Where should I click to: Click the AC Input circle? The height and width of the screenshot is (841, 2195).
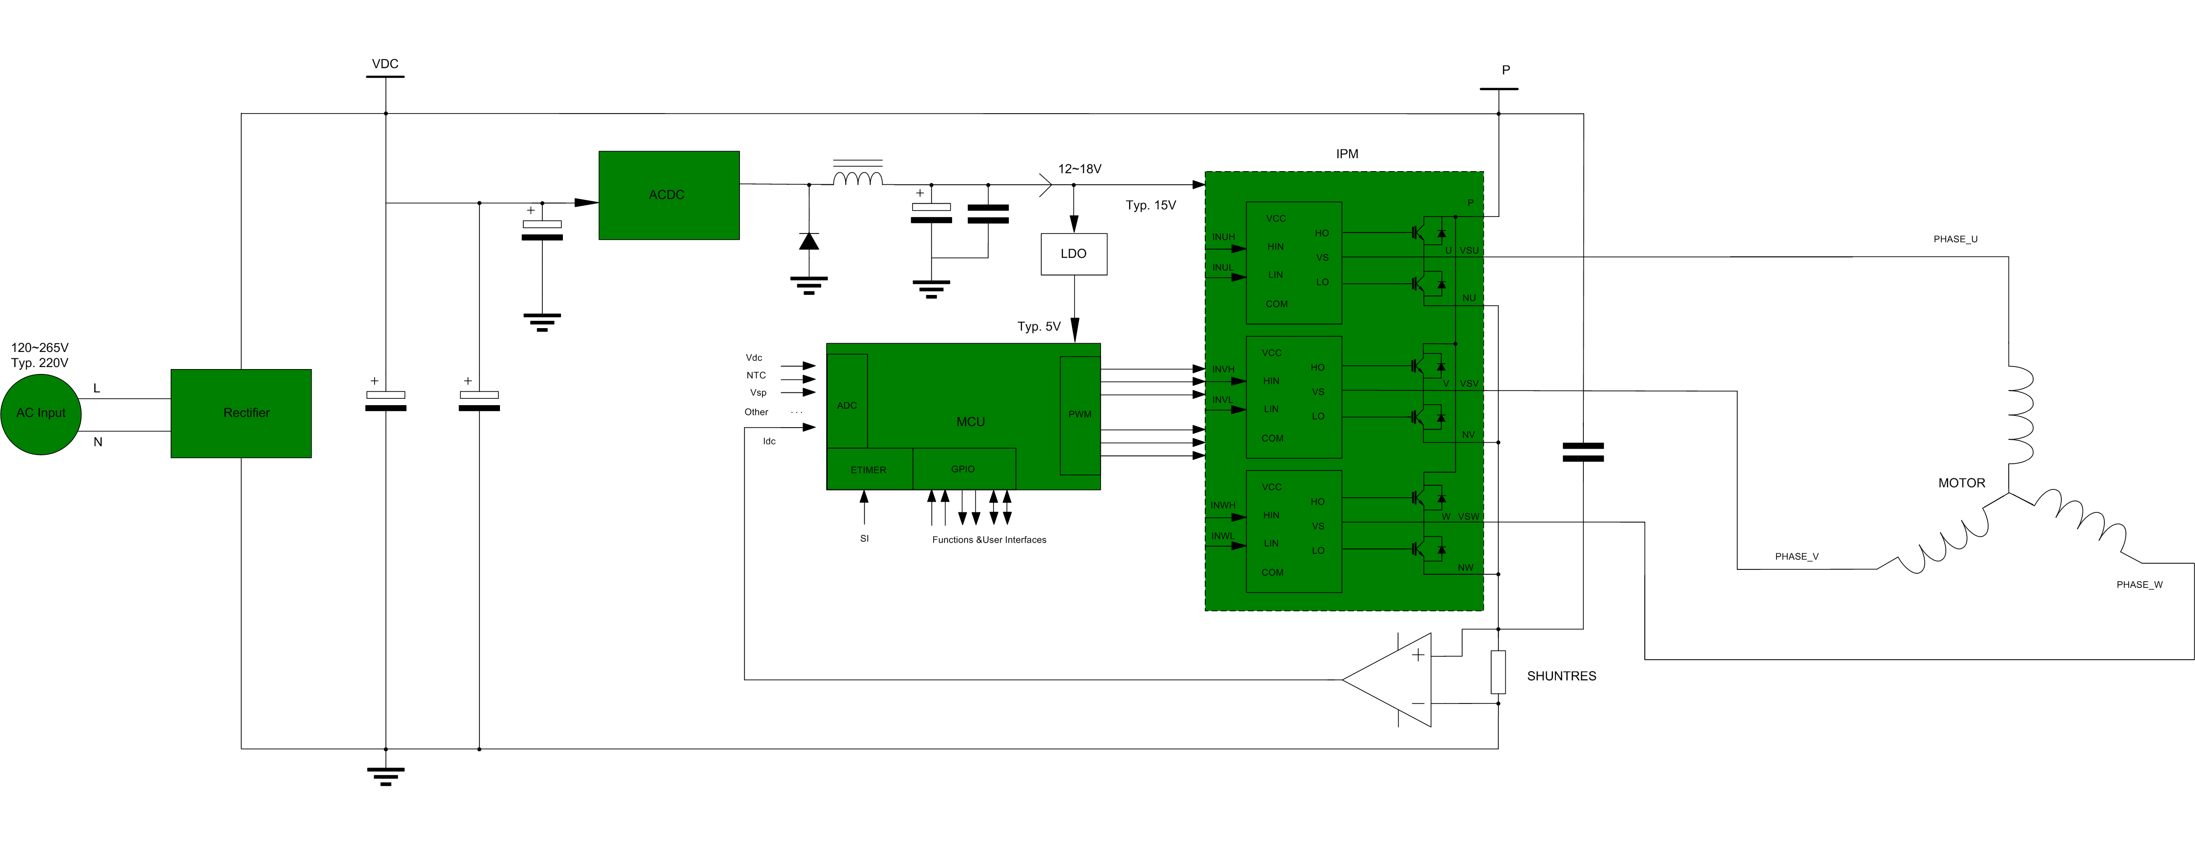point(41,414)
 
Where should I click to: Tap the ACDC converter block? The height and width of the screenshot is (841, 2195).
point(669,195)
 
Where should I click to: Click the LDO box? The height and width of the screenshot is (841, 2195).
point(1074,254)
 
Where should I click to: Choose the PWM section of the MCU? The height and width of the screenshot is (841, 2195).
point(1079,415)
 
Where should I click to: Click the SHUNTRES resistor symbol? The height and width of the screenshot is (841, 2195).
point(1498,671)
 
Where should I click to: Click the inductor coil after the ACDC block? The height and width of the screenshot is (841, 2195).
point(857,178)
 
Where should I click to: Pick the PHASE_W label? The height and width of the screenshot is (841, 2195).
point(2139,585)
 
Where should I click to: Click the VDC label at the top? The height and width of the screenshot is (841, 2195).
point(385,64)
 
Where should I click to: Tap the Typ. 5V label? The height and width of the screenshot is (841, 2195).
point(1038,326)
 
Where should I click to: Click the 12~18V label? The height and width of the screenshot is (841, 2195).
point(1079,169)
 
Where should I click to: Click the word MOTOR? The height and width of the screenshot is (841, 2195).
point(1961,483)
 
